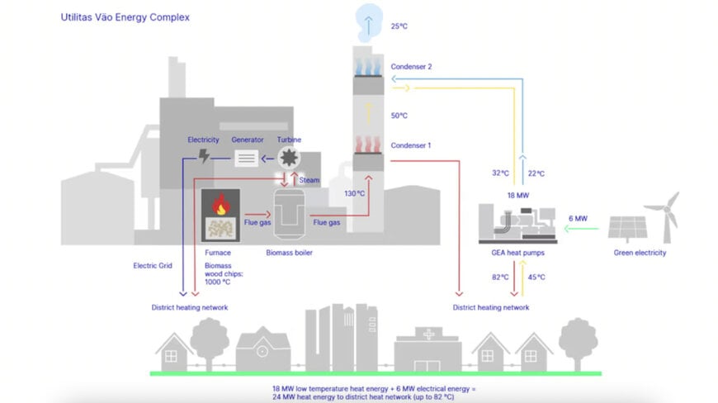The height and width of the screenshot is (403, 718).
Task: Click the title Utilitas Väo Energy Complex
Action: pyautogui.click(x=124, y=16)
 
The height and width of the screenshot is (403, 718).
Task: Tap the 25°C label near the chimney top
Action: pyautogui.click(x=399, y=26)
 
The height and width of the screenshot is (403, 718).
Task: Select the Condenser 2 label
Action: pyautogui.click(x=411, y=66)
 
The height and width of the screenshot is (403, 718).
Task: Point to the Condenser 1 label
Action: pyautogui.click(x=411, y=145)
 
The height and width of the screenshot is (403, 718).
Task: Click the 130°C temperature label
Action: pyautogui.click(x=355, y=193)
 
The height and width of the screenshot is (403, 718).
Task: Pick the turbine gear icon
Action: pyautogui.click(x=289, y=157)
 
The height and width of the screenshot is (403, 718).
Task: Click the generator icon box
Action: pyautogui.click(x=247, y=158)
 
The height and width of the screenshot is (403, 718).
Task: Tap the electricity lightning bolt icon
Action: pyautogui.click(x=204, y=157)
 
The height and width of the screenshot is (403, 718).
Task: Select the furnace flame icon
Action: pyautogui.click(x=220, y=204)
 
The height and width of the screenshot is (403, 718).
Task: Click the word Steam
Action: pyautogui.click(x=309, y=180)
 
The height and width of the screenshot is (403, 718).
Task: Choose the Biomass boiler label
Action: pyautogui.click(x=289, y=253)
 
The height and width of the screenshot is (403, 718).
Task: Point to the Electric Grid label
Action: pyautogui.click(x=152, y=266)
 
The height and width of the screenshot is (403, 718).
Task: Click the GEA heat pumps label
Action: pyautogui.click(x=517, y=253)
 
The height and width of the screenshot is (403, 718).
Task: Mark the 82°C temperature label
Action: pyautogui.click(x=500, y=277)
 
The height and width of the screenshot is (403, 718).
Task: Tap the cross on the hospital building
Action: pyautogui.click(x=427, y=335)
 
